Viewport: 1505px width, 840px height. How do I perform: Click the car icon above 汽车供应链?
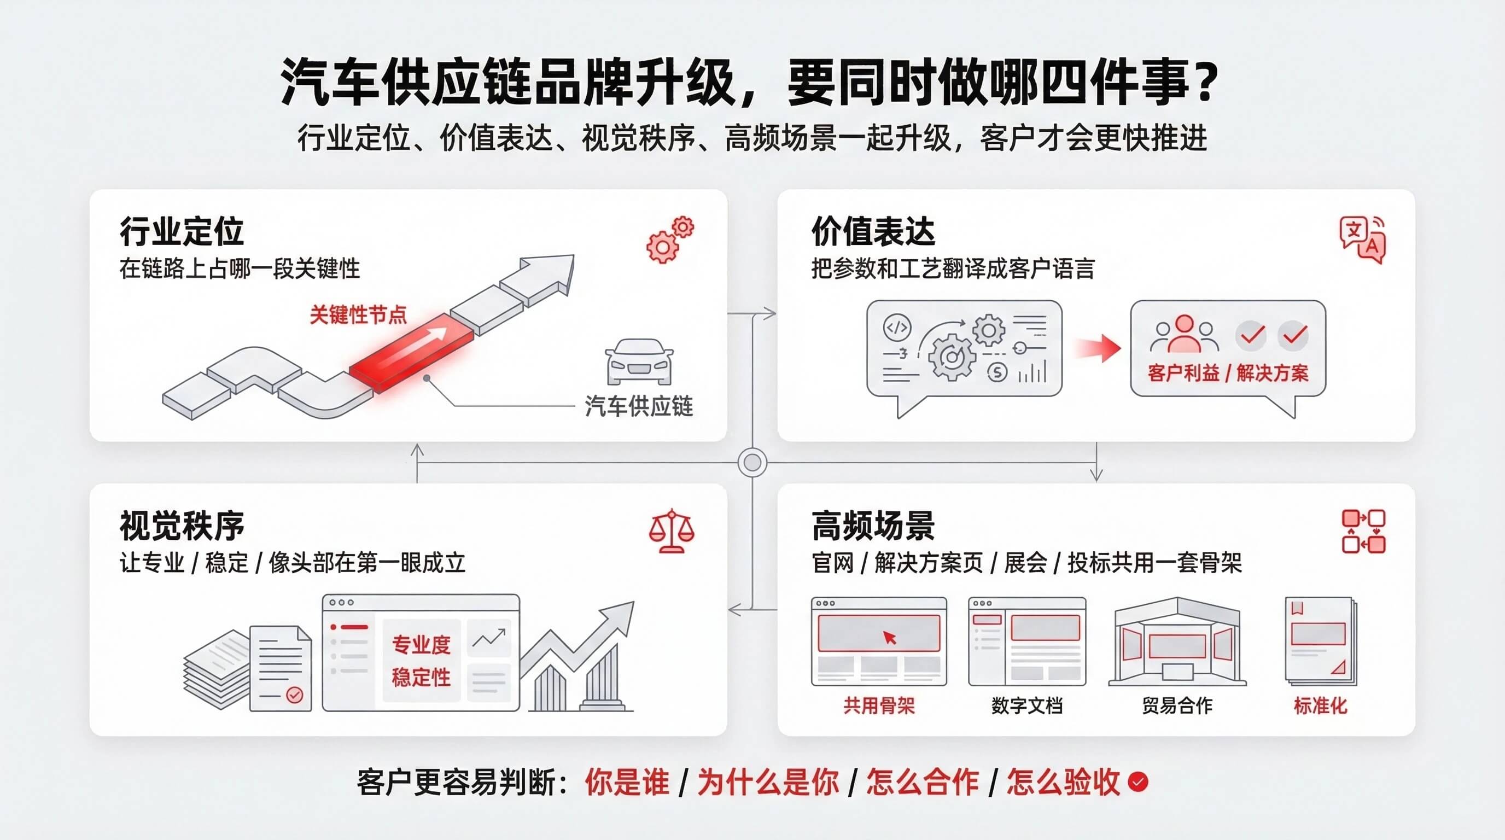[x=639, y=361]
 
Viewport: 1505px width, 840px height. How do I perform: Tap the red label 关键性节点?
[x=358, y=315]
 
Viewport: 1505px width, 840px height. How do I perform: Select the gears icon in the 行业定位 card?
[x=670, y=240]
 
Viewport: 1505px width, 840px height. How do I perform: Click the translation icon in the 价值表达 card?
[x=1362, y=240]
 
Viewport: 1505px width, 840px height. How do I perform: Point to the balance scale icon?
[x=672, y=530]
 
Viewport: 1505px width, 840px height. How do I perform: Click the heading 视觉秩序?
[x=182, y=526]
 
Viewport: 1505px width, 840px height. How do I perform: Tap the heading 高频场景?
[x=873, y=526]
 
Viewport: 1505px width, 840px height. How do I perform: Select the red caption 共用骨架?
[x=879, y=705]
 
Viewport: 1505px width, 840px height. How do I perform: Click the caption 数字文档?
[x=1026, y=705]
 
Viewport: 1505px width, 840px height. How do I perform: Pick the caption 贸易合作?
[x=1177, y=705]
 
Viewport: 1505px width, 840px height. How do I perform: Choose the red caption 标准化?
[x=1320, y=705]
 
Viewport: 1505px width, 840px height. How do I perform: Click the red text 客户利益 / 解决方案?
[x=1228, y=372]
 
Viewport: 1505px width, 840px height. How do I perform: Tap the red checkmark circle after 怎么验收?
[x=1138, y=781]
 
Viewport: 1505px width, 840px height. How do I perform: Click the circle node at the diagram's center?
[x=752, y=463]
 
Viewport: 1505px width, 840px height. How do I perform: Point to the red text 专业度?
[x=421, y=645]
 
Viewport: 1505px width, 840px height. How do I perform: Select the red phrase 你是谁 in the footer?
[x=627, y=781]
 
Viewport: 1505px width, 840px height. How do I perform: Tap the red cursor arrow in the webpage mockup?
[x=889, y=637]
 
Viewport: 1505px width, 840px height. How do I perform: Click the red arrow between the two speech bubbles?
[x=1098, y=348]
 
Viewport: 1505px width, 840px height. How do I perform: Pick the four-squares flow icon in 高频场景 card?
[x=1363, y=531]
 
